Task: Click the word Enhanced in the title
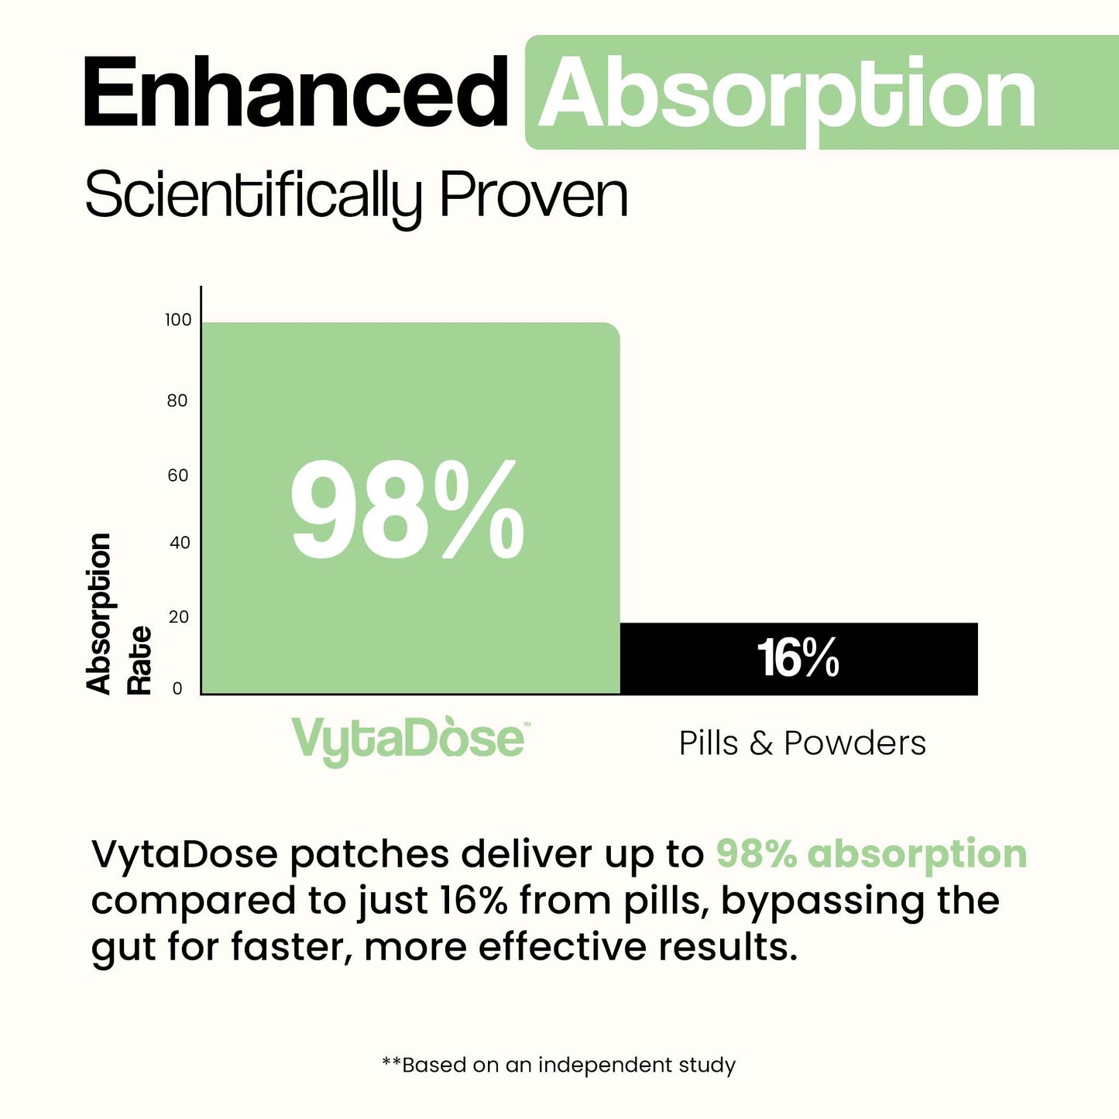click(295, 92)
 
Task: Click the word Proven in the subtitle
click(534, 194)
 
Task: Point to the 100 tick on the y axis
click(178, 320)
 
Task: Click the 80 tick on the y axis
click(177, 400)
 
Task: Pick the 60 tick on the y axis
click(178, 475)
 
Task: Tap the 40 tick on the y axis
click(180, 543)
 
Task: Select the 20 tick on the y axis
click(179, 617)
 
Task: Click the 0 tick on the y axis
click(177, 688)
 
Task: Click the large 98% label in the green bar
click(407, 510)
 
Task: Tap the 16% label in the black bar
click(798, 658)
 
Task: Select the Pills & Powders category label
click(802, 743)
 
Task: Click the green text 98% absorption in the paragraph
click(871, 854)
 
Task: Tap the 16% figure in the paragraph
click(473, 901)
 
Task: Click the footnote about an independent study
click(559, 1066)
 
